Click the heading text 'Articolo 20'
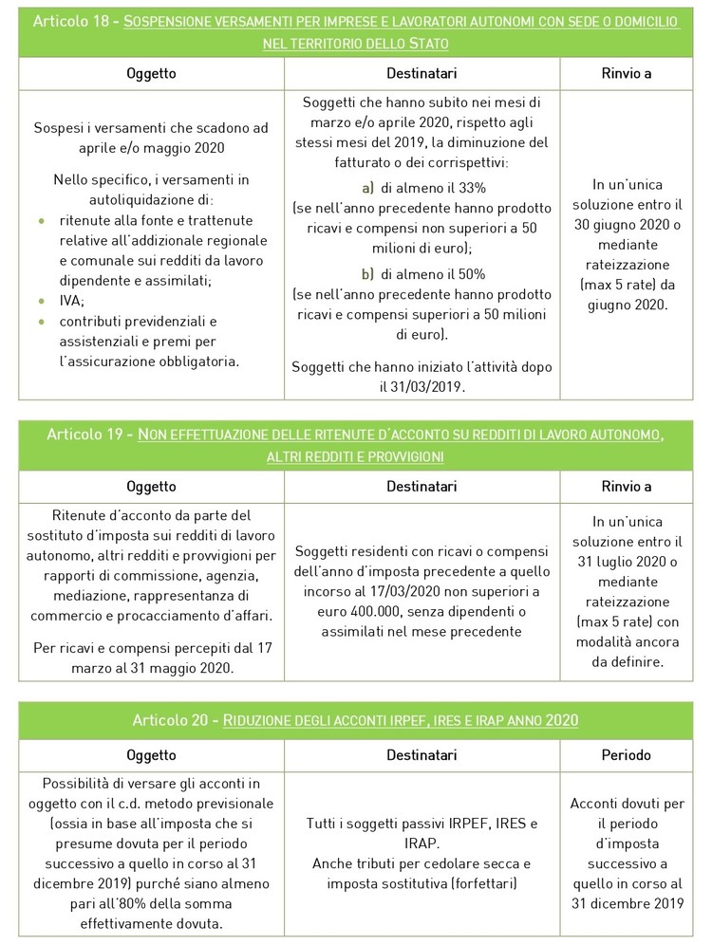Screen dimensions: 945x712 tap(173, 720)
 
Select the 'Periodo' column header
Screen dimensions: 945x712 tap(626, 755)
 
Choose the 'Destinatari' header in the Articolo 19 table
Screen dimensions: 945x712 tap(422, 487)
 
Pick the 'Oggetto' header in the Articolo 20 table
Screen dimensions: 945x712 tap(151, 755)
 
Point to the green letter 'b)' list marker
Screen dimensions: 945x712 tap(367, 273)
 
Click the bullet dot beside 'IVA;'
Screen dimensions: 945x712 tap(41, 300)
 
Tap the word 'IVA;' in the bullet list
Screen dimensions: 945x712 tap(71, 300)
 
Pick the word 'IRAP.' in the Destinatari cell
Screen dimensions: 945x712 tap(422, 843)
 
